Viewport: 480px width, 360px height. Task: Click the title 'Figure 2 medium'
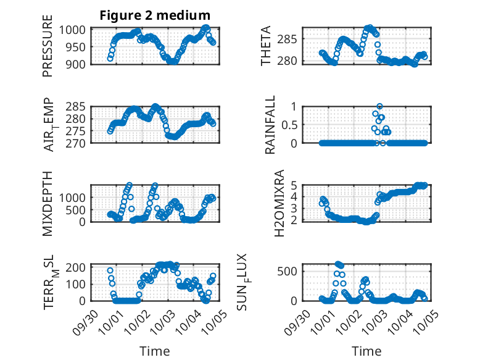pos(155,15)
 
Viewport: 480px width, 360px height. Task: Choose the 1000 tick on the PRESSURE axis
pos(77,30)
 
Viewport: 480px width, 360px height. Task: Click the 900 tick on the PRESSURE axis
pos(80,63)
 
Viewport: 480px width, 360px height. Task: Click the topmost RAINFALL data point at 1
pos(380,106)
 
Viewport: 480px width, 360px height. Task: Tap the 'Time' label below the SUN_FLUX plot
pos(366,351)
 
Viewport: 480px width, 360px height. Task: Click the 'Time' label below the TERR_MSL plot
pos(155,351)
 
